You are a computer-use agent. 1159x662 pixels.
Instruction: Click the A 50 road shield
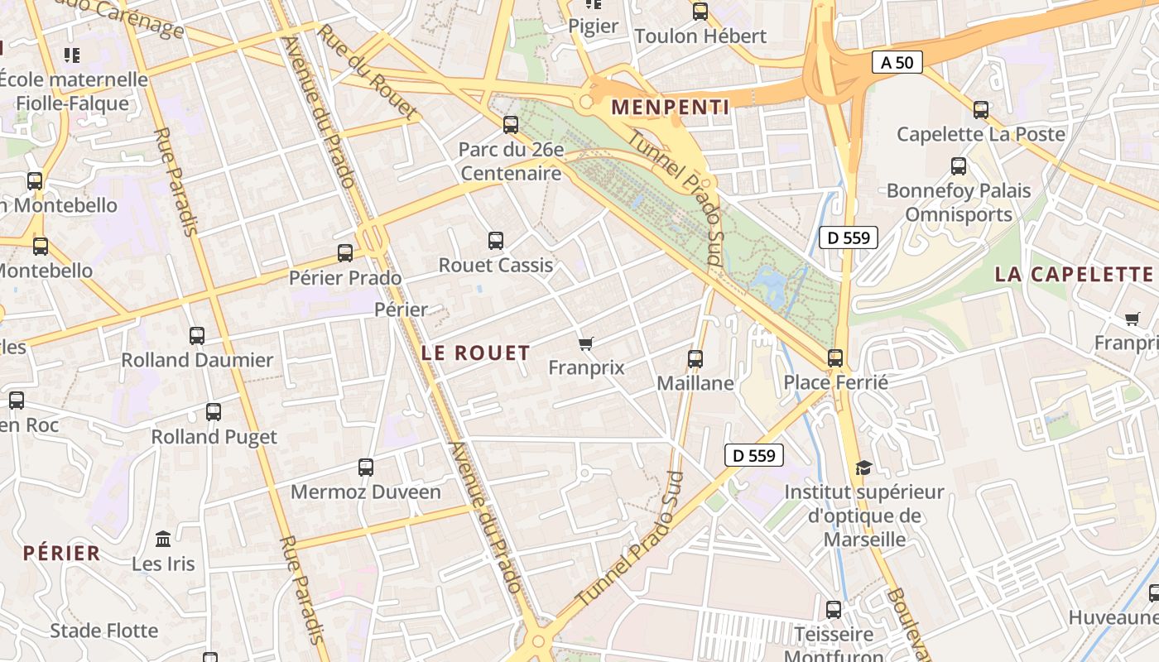[x=897, y=62]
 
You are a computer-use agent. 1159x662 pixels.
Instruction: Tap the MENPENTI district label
[x=671, y=108]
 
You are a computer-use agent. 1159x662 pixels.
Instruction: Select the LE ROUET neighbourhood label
[x=475, y=353]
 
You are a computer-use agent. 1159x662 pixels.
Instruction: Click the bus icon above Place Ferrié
[x=835, y=358]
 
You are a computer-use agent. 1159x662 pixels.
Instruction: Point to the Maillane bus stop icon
[x=695, y=359]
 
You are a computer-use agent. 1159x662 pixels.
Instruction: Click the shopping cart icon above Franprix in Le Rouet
[x=586, y=343]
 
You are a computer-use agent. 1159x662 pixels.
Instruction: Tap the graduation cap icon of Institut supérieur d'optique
[x=863, y=468]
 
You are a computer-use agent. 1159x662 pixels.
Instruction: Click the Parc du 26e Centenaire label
[x=511, y=162]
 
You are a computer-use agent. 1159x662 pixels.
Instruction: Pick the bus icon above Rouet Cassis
[x=496, y=241]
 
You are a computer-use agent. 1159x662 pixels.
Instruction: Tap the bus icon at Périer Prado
[x=345, y=253]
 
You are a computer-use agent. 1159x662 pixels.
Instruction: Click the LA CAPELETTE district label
[x=1074, y=275]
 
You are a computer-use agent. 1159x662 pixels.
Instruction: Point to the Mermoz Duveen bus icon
[x=366, y=468]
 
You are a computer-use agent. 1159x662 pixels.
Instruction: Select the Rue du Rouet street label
[x=367, y=71]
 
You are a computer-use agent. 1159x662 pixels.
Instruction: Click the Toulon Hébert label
[x=700, y=36]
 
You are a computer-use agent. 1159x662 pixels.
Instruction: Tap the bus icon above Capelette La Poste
[x=981, y=109]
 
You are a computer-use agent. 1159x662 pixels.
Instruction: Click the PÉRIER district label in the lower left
[x=62, y=554]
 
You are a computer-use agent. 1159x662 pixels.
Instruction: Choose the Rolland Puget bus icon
[x=214, y=412]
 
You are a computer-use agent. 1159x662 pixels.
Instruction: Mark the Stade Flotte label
[x=104, y=631]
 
